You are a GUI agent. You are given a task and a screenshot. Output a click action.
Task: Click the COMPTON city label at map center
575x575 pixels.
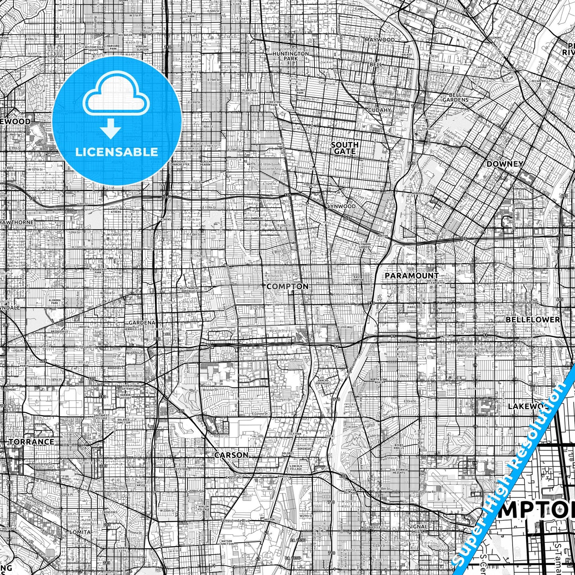click(x=287, y=287)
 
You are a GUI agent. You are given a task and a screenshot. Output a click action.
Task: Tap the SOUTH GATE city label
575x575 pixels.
click(x=345, y=148)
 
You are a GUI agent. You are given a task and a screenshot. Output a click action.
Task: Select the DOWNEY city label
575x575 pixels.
click(x=505, y=164)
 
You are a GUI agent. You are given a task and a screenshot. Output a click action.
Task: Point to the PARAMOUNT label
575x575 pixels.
click(x=411, y=275)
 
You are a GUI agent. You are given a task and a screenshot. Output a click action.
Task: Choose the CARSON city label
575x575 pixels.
click(x=231, y=455)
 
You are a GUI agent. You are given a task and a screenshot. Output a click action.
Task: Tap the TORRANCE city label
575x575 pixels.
click(x=31, y=442)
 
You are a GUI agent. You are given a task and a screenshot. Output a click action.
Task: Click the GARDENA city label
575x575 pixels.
click(x=141, y=323)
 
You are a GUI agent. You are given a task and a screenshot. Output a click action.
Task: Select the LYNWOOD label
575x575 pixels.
click(x=341, y=207)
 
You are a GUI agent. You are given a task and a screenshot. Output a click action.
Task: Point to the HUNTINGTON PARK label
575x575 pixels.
click(x=290, y=56)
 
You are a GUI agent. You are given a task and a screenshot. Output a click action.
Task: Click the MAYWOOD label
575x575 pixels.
click(x=380, y=40)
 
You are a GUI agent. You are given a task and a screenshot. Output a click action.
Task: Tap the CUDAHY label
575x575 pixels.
click(x=379, y=110)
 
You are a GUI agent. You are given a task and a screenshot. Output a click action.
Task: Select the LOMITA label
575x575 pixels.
click(x=80, y=532)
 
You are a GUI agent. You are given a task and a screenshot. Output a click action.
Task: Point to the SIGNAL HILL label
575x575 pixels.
click(x=418, y=529)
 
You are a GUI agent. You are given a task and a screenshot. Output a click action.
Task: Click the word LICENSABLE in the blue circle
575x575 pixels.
click(x=117, y=152)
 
